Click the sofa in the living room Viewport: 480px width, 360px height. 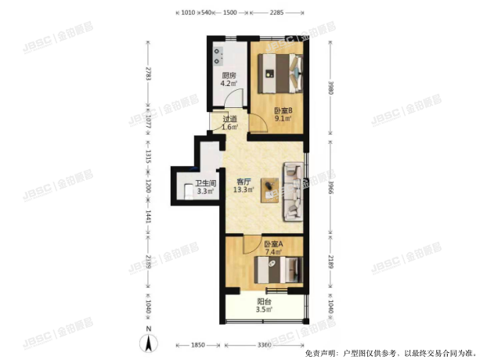click(x=293, y=190)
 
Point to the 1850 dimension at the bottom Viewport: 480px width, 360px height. click(x=198, y=345)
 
